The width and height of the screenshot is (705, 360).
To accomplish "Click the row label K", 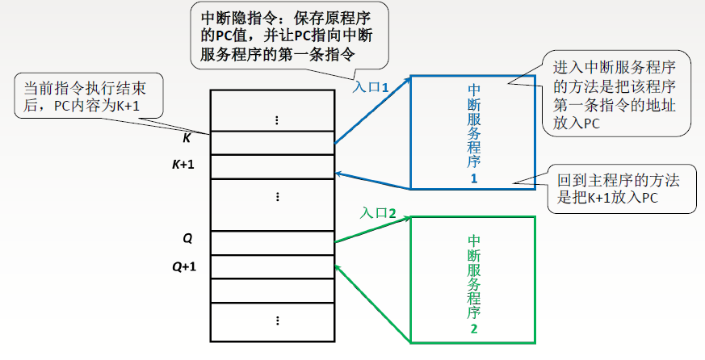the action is pyautogui.click(x=187, y=138).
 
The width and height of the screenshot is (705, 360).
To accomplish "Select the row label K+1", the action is pyautogui.click(x=186, y=165).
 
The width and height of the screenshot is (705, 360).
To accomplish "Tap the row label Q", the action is pyautogui.click(x=187, y=238).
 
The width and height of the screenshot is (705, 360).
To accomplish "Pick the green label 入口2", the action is pyautogui.click(x=378, y=214).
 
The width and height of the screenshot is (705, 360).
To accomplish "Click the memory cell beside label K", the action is pyautogui.click(x=272, y=143).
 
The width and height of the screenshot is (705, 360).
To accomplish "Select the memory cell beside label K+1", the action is pyautogui.click(x=272, y=165).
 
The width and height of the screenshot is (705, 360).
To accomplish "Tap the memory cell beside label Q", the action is pyautogui.click(x=272, y=242).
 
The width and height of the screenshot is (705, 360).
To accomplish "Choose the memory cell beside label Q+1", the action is pyautogui.click(x=272, y=266).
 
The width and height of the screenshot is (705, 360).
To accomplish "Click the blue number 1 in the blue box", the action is pyautogui.click(x=474, y=179).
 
